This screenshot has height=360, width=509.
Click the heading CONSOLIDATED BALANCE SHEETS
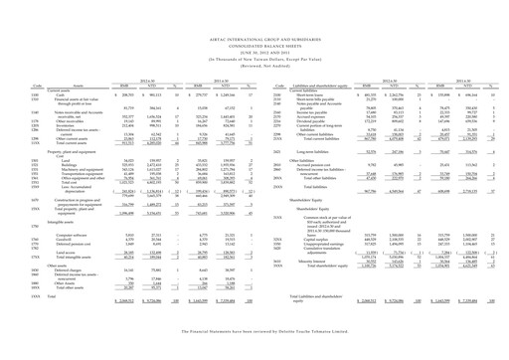(255, 53)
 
